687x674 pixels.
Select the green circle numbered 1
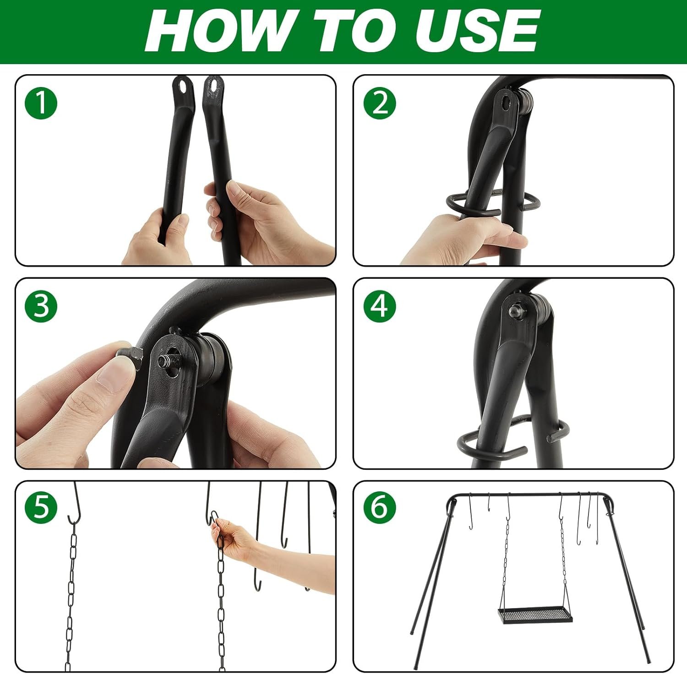pyautogui.click(x=41, y=103)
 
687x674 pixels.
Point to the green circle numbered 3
pyautogui.click(x=41, y=306)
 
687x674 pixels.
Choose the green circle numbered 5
pyautogui.click(x=41, y=508)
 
